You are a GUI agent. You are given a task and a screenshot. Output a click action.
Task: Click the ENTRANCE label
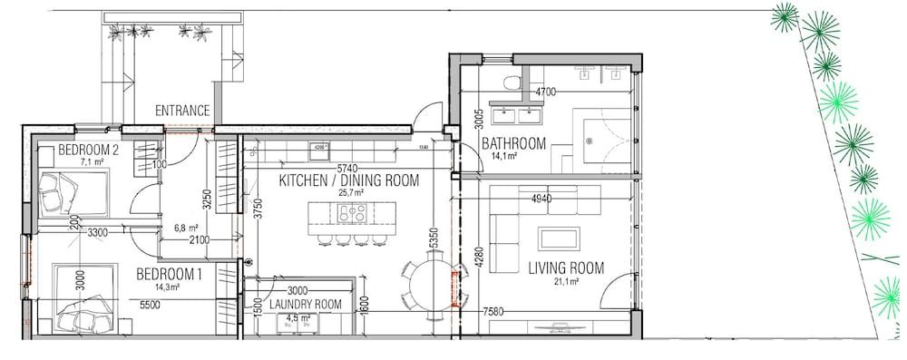[182, 111]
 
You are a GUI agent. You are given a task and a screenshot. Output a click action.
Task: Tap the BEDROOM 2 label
[89, 150]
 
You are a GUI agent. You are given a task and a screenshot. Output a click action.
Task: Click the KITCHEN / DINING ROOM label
[348, 180]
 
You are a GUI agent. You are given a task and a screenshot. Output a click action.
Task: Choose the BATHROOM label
[513, 143]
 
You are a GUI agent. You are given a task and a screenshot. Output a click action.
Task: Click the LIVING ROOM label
[566, 268]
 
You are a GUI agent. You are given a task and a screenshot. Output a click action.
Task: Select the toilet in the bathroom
[514, 84]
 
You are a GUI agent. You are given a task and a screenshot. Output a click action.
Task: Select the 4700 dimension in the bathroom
[546, 92]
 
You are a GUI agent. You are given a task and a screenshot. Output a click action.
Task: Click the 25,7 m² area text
[350, 193]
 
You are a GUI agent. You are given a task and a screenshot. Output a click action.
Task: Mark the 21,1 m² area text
[568, 281]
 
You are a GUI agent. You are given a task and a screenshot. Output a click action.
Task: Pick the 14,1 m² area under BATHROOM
[504, 156]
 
